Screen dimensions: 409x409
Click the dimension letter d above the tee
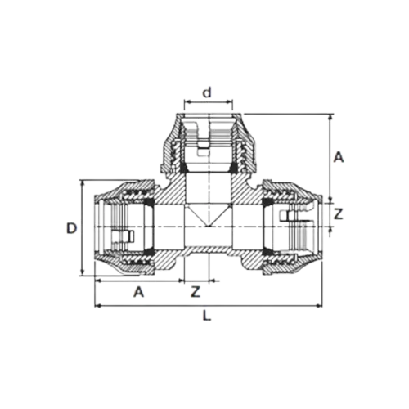pos(207,92)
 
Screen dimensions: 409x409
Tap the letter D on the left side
pos(71,228)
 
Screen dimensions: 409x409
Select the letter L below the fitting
pos(207,316)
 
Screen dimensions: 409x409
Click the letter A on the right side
pos(339,157)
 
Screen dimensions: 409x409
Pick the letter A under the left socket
pos(138,292)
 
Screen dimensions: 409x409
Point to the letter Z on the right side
pos(338,214)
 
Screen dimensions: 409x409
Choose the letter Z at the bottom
pos(196,292)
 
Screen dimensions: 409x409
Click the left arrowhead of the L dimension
pos(97,306)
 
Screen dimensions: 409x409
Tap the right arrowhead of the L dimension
pos(320,306)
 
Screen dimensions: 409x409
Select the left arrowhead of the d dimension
pos(187,102)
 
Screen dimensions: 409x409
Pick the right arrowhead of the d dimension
pos(231,102)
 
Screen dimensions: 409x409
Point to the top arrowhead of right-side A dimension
pos(330,116)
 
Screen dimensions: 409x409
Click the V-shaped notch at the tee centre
pos(209,215)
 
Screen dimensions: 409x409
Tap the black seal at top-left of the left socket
pos(149,202)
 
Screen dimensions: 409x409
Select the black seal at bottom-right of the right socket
pos(267,252)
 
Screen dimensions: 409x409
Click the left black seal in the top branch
pos(184,168)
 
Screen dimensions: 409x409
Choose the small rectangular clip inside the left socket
pos(123,236)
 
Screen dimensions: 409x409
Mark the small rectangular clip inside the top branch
pos(204,149)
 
